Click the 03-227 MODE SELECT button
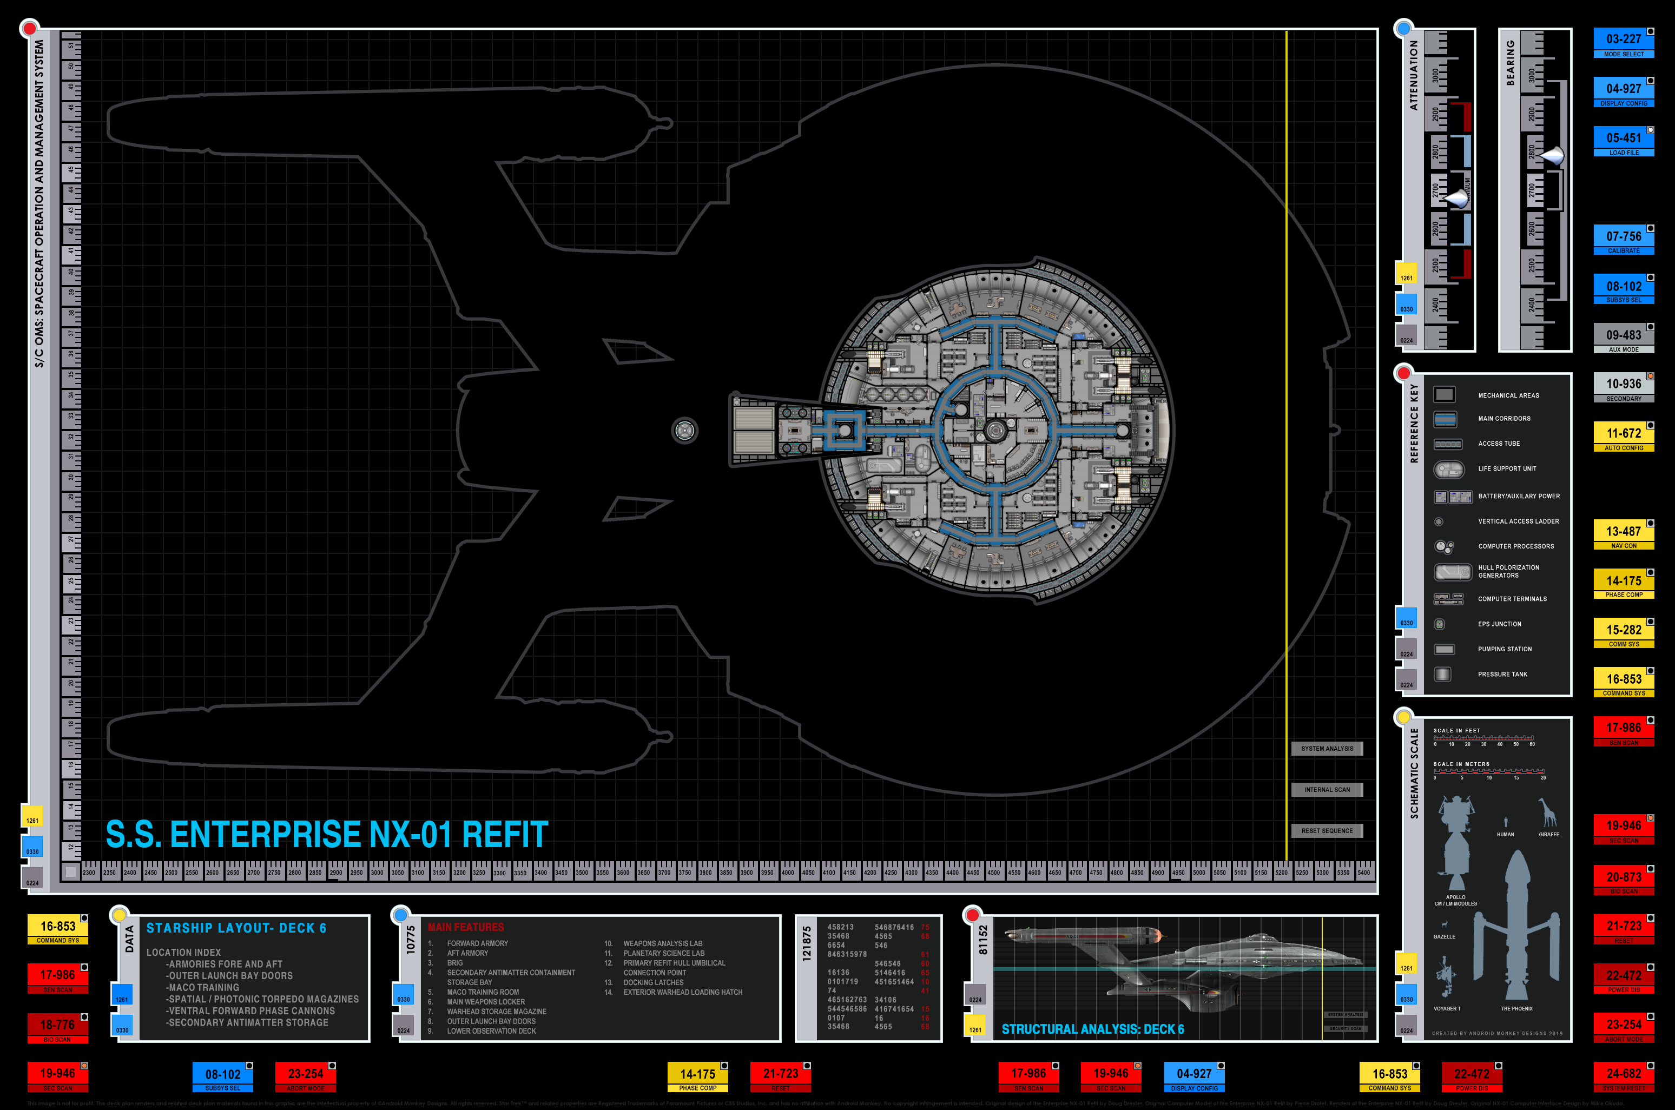(x=1623, y=43)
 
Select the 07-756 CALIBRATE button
(x=1623, y=240)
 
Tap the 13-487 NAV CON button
(x=1623, y=534)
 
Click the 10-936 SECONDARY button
(x=1623, y=387)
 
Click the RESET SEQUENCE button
(x=1327, y=831)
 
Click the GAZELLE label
(x=1444, y=936)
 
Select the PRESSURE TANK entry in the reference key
(x=1502, y=675)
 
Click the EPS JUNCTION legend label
(x=1499, y=624)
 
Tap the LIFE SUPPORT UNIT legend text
(x=1507, y=468)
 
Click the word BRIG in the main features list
(x=455, y=963)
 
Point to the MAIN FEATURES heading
(x=466, y=927)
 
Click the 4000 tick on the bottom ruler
(x=787, y=873)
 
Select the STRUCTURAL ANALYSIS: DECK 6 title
(x=1092, y=1029)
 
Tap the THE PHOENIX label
(x=1516, y=1009)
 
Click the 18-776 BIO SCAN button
(x=57, y=1028)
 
